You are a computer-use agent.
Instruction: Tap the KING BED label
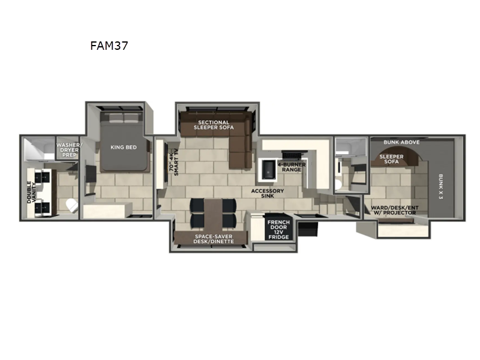click(124, 146)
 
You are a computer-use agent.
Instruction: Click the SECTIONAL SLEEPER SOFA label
click(214, 125)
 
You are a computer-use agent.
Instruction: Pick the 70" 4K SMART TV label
click(175, 161)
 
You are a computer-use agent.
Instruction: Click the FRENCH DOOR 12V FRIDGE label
click(278, 230)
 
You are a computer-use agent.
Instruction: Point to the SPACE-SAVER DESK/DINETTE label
click(213, 239)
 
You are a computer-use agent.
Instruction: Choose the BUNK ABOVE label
click(402, 142)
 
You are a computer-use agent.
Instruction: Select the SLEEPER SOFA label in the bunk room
click(391, 159)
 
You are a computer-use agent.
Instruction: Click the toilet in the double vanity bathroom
click(71, 204)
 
